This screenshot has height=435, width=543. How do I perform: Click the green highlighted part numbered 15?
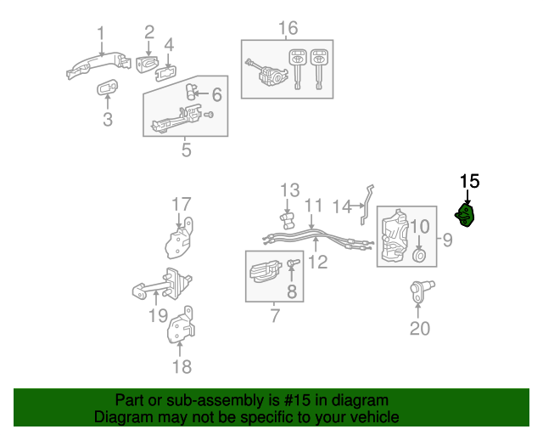[466, 217]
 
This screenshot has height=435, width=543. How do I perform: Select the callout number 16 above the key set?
[288, 29]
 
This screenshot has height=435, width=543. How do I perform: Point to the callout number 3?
[107, 120]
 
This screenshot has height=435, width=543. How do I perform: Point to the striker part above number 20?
[421, 292]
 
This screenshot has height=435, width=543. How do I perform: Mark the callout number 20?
[420, 328]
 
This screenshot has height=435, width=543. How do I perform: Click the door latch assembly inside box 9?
[394, 238]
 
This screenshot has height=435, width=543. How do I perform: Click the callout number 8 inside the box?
[292, 292]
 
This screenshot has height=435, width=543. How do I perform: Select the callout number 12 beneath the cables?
[317, 262]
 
